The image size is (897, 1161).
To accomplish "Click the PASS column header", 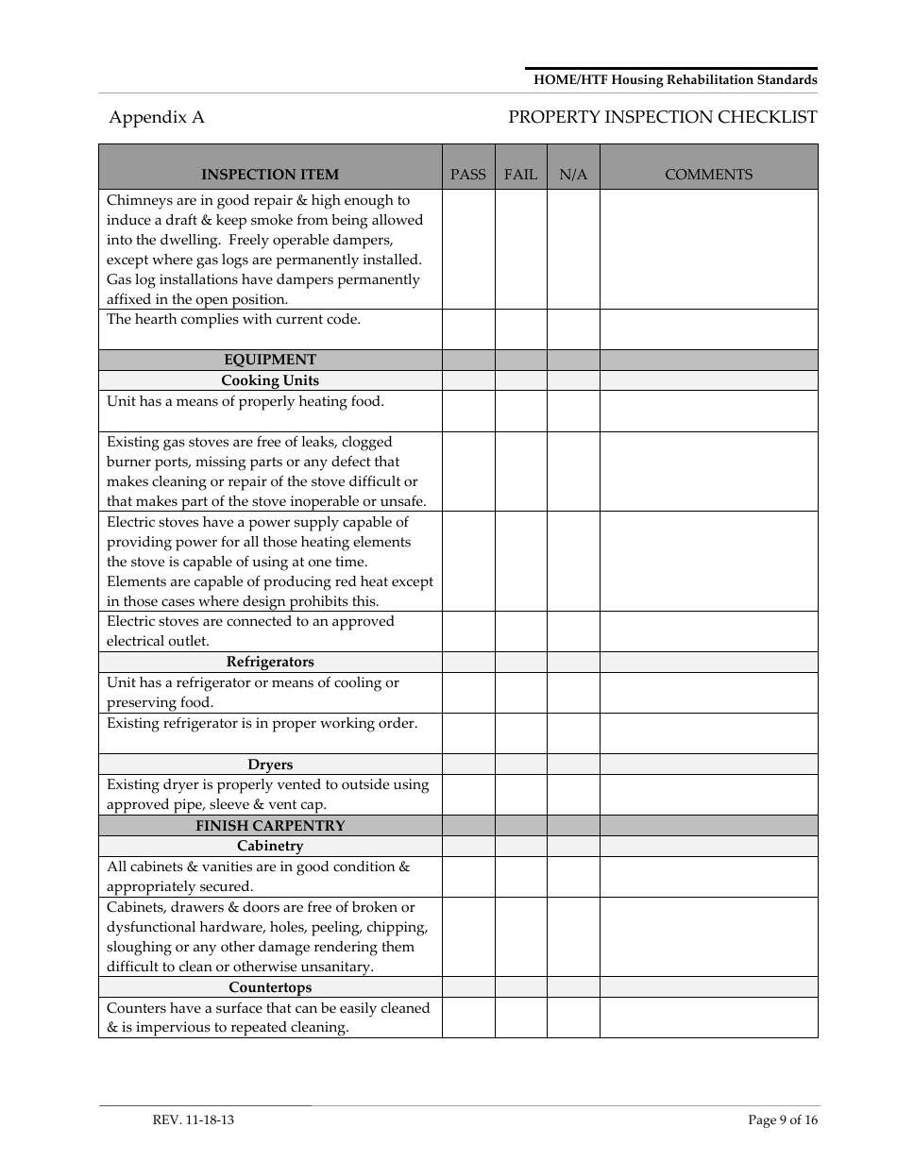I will coord(468,175).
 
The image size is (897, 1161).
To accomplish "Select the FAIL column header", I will coord(520,175).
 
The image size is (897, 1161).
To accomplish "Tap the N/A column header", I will coord(573,175).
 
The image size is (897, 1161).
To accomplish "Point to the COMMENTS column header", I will coord(708,175).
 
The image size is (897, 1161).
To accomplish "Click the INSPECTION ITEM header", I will coord(270,175).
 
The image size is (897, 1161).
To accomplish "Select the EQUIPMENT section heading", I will coord(270,360).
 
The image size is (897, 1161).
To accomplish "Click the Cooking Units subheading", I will coord(270,380).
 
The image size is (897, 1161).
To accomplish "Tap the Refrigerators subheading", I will coord(270,662).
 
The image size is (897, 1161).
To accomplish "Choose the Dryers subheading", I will coord(270,765).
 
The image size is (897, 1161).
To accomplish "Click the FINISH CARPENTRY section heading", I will coord(270,826).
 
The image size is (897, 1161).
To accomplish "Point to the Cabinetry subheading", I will coord(270,846).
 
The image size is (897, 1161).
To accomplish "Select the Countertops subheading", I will coord(270,987).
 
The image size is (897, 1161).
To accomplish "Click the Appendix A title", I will coord(157,117).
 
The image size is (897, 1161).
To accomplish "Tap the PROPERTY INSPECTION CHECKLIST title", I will coord(662,117).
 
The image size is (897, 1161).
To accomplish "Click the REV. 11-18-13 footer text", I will coord(194,1120).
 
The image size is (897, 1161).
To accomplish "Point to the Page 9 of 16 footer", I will coord(783,1120).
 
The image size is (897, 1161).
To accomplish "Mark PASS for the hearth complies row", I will coord(468,329).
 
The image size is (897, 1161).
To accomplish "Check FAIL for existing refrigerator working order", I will coord(520,732).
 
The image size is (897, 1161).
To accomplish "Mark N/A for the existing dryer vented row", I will coord(573,795).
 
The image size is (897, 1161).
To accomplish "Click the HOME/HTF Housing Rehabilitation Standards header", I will coord(675,80).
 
